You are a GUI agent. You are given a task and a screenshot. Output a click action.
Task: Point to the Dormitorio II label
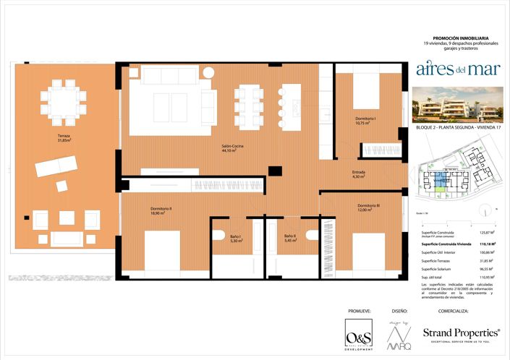(161, 210)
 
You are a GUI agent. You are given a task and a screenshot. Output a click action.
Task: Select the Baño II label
(289, 239)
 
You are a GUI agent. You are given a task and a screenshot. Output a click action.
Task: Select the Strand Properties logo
(461, 334)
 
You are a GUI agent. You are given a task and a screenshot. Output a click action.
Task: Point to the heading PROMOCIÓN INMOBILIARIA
(460, 38)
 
